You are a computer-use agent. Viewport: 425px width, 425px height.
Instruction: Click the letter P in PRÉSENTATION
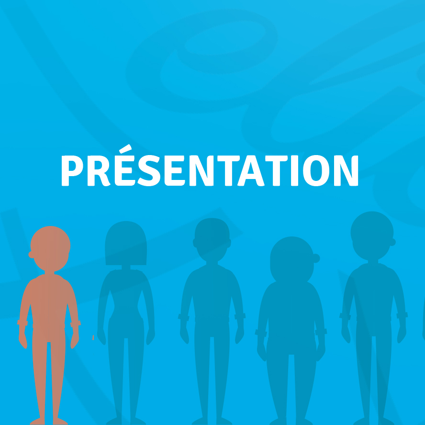pyautogui.click(x=72, y=170)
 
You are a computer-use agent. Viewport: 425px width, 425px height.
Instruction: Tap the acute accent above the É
pyautogui.click(x=125, y=149)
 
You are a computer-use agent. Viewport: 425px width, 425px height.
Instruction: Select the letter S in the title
pyautogui.click(x=149, y=170)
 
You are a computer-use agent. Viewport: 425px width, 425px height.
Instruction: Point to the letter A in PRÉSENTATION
pyautogui.click(x=251, y=170)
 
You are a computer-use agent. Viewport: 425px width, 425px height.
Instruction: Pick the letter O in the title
pyautogui.click(x=316, y=170)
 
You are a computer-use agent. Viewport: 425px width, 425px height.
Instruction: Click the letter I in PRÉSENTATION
pyautogui.click(x=295, y=170)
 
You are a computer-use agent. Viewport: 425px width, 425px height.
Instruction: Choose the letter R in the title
pyautogui.click(x=99, y=170)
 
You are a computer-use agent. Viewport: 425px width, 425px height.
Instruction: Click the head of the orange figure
pyautogui.click(x=50, y=248)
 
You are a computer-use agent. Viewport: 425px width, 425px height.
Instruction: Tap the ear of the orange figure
pyautogui.click(x=31, y=255)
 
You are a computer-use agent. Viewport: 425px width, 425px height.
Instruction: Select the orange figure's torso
pyautogui.click(x=49, y=301)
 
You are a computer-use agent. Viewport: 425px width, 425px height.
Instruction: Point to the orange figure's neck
pyautogui.click(x=49, y=273)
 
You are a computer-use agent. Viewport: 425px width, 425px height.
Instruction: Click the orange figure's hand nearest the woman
pyautogui.click(x=75, y=336)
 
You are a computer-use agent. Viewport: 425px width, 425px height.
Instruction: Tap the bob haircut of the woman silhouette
pyautogui.click(x=126, y=243)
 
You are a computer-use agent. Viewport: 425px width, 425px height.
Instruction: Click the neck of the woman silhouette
pyautogui.click(x=126, y=267)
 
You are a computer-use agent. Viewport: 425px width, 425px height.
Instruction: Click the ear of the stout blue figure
pyautogui.click(x=316, y=258)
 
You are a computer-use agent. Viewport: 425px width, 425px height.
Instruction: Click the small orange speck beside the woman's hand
pyautogui.click(x=93, y=337)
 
